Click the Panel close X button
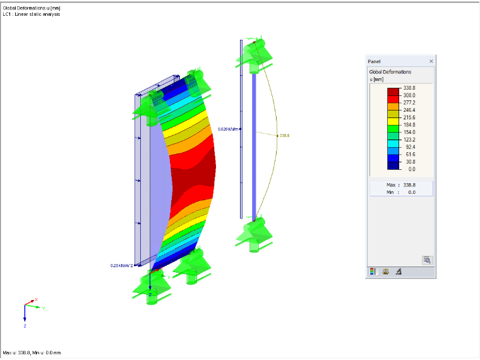431,61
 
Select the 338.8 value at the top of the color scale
409,88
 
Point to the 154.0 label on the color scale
409,132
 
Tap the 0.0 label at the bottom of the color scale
412,169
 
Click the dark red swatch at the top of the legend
393,92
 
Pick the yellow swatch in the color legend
393,121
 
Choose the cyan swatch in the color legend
393,143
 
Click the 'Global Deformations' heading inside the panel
390,72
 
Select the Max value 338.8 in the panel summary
409,185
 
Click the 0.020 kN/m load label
228,129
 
